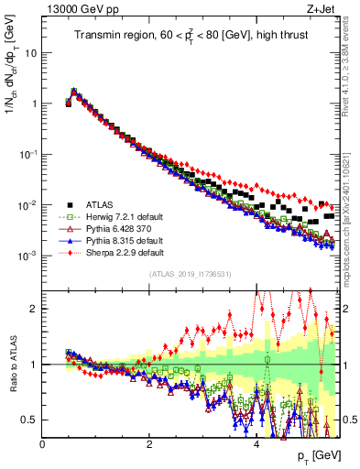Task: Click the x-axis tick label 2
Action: tap(149, 444)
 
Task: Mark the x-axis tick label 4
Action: tap(256, 444)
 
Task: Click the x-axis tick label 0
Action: tap(42, 444)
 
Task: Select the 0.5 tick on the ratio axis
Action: tap(28, 420)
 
